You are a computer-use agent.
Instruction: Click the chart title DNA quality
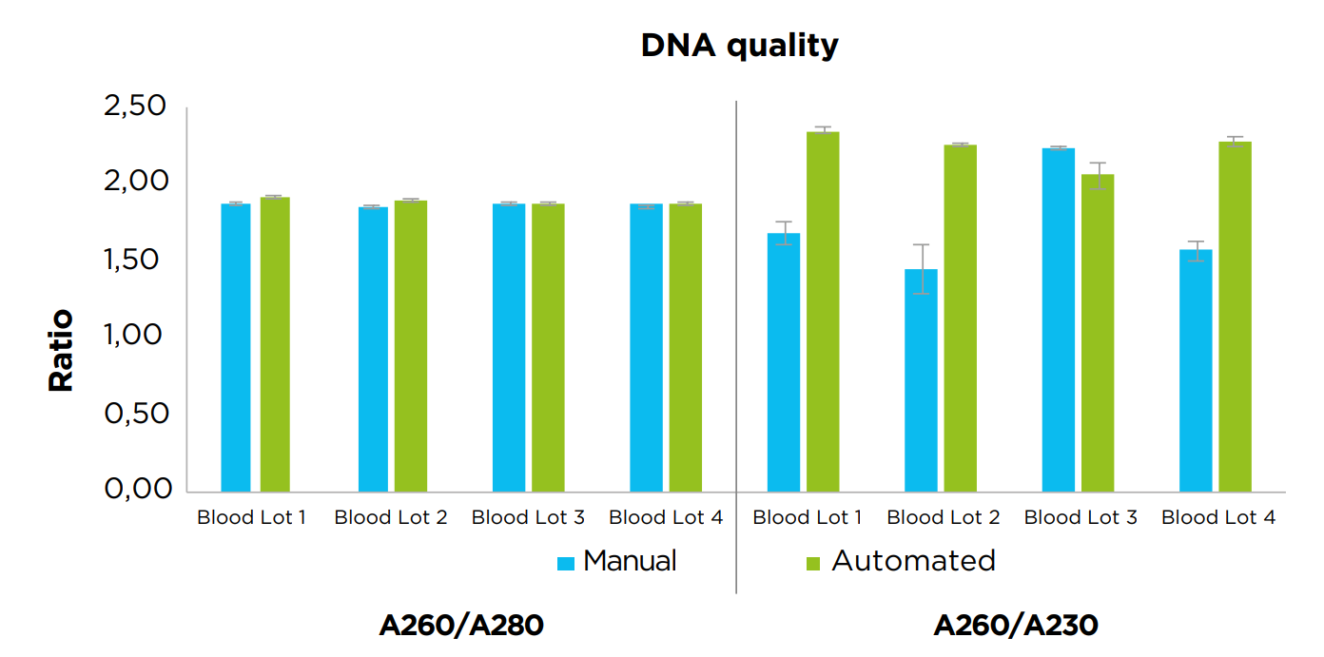point(739,45)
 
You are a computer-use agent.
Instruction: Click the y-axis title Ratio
point(61,350)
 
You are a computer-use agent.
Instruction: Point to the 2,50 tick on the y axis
point(135,106)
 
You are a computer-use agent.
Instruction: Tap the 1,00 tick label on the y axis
point(135,335)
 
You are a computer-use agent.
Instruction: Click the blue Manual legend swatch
point(566,563)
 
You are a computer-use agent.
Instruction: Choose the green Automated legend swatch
point(812,563)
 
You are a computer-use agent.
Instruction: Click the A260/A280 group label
point(461,625)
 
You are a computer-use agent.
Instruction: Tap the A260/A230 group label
point(1016,625)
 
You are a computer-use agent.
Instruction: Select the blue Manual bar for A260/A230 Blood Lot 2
point(921,380)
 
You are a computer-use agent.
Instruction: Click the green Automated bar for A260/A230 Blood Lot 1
point(823,314)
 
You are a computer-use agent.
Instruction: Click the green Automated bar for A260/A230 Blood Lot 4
point(1235,319)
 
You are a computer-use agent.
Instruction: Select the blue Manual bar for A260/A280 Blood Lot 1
point(236,347)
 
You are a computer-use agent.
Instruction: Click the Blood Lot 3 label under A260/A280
point(528,518)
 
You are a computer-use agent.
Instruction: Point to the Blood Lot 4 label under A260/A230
point(1218,518)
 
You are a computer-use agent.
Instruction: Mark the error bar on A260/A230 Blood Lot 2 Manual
point(921,268)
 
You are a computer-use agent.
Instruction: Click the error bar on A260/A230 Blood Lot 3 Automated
point(1098,176)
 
